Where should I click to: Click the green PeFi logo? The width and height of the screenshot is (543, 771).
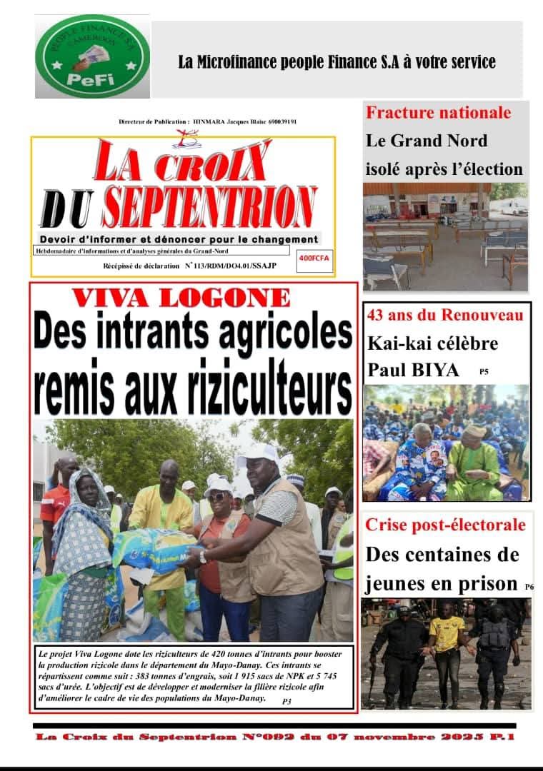[92, 56]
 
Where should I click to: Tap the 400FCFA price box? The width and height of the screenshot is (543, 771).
[314, 258]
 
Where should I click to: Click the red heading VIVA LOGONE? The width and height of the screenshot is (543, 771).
[191, 298]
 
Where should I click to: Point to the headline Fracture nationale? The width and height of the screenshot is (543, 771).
[439, 112]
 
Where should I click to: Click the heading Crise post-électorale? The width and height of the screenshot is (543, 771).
[445, 525]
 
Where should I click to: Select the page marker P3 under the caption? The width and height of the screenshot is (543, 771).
[287, 702]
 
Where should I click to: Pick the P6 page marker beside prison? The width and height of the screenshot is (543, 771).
[529, 587]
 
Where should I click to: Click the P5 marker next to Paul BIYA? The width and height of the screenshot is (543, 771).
[484, 372]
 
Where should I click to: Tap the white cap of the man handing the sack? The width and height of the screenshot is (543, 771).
[257, 453]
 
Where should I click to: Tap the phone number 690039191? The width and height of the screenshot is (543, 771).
[282, 122]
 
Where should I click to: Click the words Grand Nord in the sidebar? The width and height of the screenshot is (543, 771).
[437, 141]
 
